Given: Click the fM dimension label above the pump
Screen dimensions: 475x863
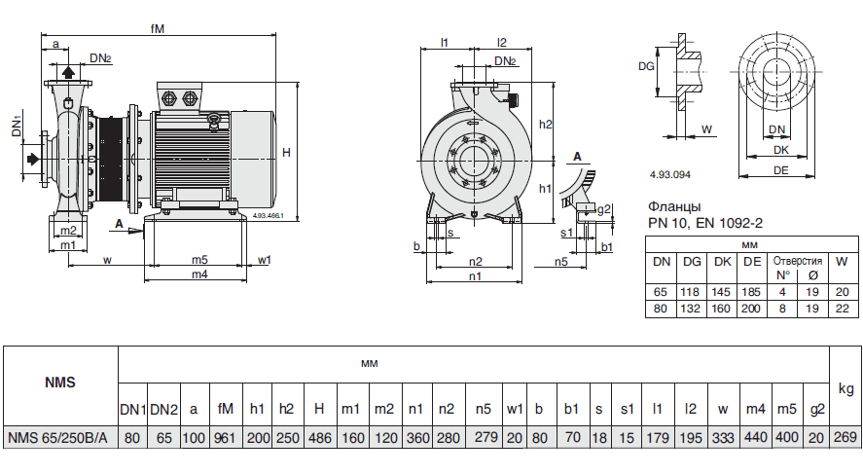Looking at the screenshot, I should [x=158, y=29].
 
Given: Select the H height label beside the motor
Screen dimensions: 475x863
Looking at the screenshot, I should [x=286, y=153].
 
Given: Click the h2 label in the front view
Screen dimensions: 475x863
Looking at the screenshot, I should [x=545, y=125].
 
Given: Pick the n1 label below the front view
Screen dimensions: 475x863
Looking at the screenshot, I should [x=475, y=276].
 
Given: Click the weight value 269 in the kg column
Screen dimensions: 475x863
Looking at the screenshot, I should [x=845, y=438].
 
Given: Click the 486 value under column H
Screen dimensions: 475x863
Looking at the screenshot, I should [x=319, y=438].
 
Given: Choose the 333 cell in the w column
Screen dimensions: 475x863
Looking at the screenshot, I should [x=723, y=438].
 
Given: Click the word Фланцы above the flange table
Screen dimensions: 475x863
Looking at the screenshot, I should [x=673, y=207].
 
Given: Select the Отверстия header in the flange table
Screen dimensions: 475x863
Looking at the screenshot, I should [x=797, y=261].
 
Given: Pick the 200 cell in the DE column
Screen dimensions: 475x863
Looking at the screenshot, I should [x=751, y=308].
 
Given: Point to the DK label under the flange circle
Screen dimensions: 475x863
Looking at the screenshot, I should [x=780, y=151].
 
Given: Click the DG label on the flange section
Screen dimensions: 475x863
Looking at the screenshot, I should [x=645, y=66].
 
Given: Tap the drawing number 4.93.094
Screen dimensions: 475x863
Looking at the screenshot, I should [x=669, y=174].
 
